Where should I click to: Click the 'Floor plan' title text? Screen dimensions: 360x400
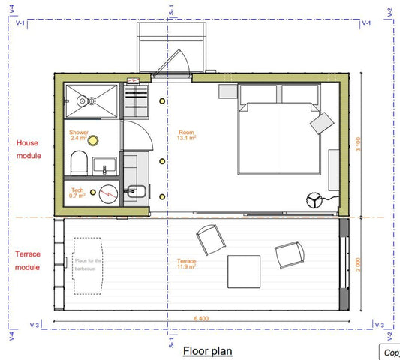click(x=208, y=350)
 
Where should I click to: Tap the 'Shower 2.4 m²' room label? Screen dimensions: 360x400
click(x=79, y=136)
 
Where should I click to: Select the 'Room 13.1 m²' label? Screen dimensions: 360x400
click(x=187, y=135)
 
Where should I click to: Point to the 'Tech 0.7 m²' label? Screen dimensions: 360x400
click(x=77, y=193)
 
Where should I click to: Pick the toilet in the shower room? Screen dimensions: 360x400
click(x=77, y=163)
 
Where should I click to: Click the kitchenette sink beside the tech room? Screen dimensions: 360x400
click(x=136, y=191)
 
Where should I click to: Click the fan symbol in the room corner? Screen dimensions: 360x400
click(x=314, y=200)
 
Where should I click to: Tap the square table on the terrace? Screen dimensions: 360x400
click(x=245, y=271)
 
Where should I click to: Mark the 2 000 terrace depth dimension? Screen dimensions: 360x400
click(x=360, y=265)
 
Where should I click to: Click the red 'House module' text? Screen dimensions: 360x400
click(x=27, y=148)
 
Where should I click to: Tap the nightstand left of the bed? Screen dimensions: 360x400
click(x=227, y=91)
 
